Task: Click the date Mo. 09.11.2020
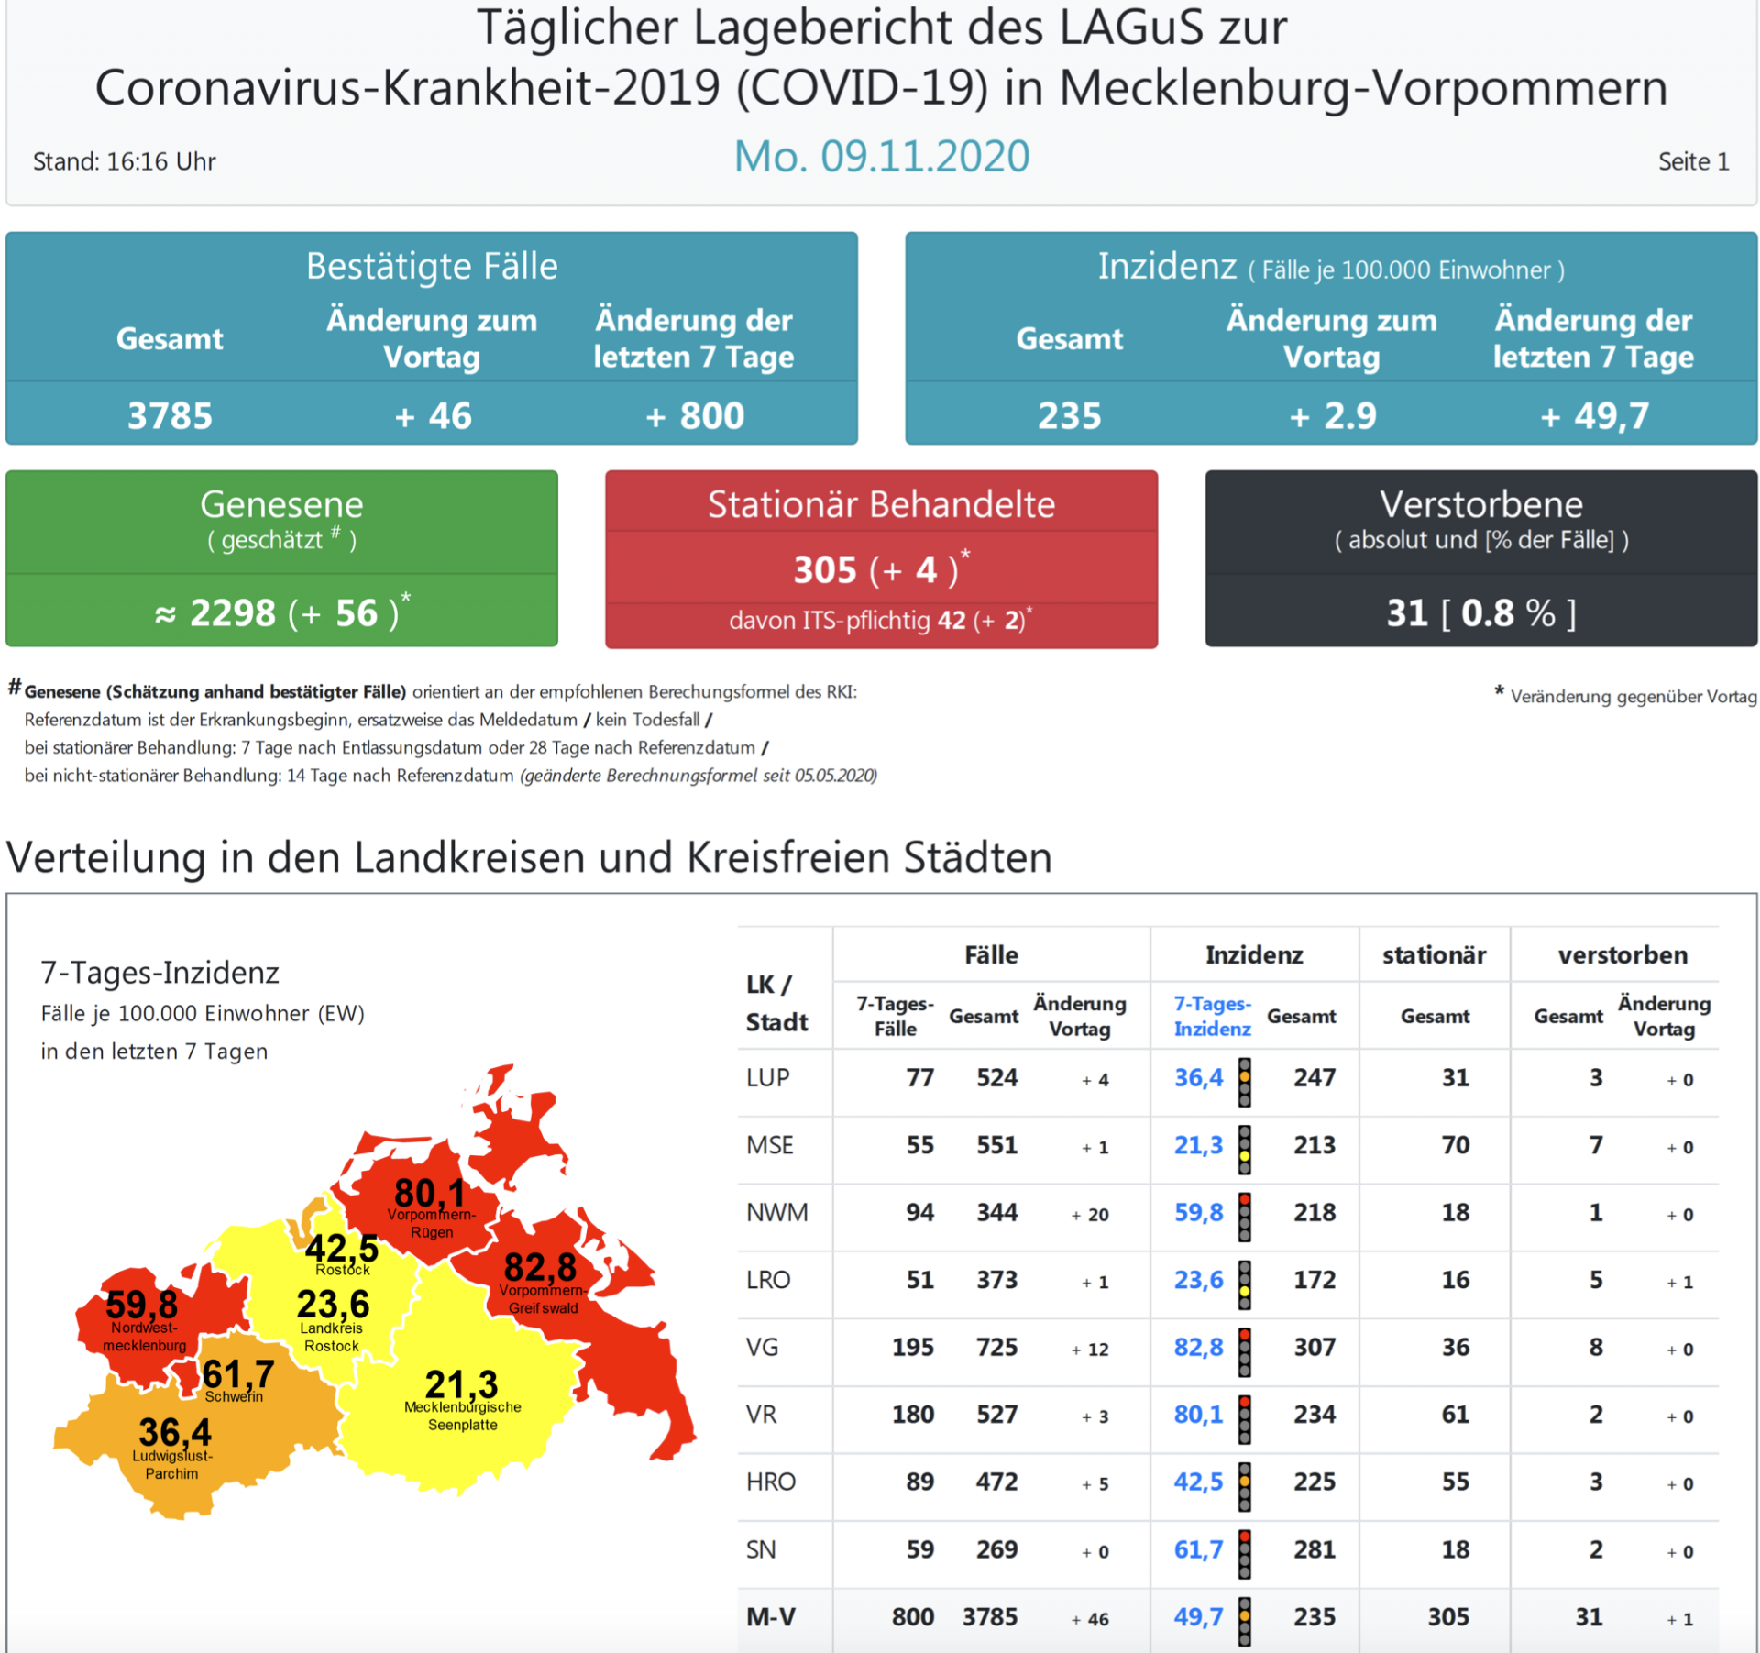[881, 157]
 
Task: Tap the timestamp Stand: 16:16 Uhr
[125, 162]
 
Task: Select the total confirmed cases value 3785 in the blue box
[170, 416]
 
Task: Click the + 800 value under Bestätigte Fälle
[695, 416]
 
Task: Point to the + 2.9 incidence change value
[1332, 416]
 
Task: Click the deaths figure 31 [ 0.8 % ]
[1480, 612]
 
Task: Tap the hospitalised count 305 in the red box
[824, 570]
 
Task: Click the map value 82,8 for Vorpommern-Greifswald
[540, 1267]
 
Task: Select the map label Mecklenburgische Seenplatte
[463, 1416]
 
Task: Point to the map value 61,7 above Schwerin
[237, 1373]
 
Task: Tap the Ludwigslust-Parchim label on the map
[172, 1464]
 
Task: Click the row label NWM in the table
[776, 1213]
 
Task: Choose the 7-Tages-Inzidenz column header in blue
[1212, 1016]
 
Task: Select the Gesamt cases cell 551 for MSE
[996, 1145]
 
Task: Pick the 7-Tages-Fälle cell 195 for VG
[912, 1348]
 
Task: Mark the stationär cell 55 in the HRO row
[1455, 1482]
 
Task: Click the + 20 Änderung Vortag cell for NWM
[1090, 1215]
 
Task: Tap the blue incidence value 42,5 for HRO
[1198, 1482]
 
